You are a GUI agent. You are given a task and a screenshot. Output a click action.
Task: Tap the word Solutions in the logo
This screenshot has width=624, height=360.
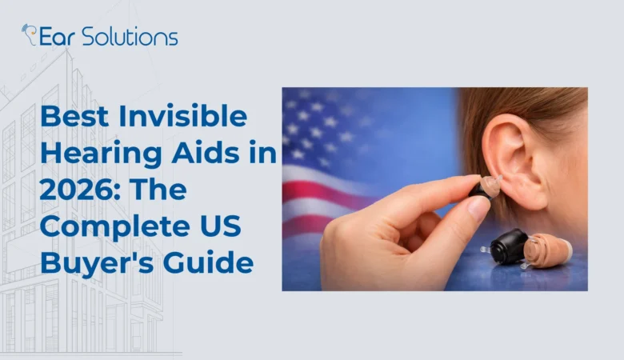click(129, 36)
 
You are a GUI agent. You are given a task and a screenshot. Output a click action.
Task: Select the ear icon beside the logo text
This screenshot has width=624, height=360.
click(29, 34)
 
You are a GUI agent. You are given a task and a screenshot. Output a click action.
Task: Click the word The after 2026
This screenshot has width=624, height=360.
click(154, 190)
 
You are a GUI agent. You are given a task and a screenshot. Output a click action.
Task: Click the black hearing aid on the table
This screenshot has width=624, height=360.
click(508, 246)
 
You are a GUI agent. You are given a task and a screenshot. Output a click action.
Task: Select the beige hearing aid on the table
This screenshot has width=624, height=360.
click(550, 250)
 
